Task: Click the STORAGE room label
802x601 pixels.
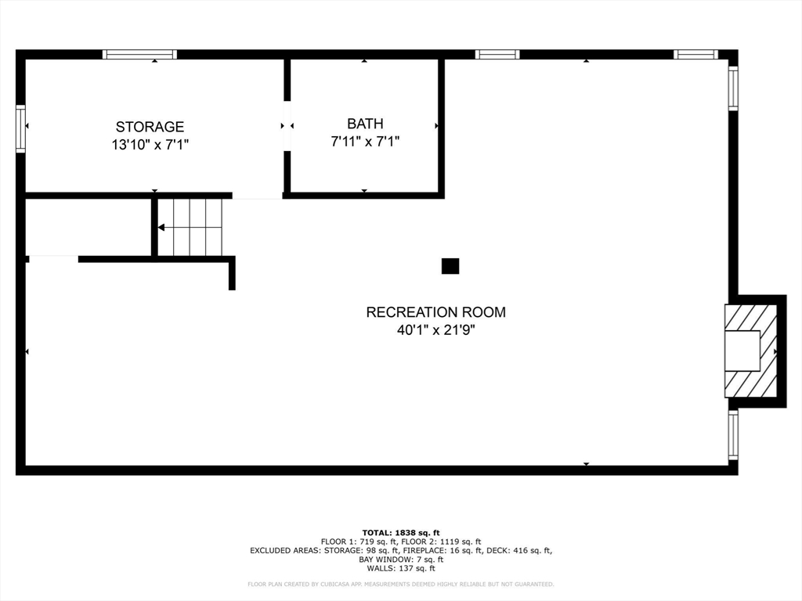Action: (x=150, y=127)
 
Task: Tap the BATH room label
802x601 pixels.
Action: (x=365, y=124)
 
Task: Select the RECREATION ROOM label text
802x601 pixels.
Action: (x=435, y=312)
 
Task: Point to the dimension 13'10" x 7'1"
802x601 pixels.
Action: (x=150, y=145)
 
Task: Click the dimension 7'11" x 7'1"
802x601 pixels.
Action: (x=365, y=142)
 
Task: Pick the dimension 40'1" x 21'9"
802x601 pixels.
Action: (x=435, y=330)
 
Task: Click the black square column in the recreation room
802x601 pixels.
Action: (x=450, y=266)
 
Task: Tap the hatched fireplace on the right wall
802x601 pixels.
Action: (x=752, y=351)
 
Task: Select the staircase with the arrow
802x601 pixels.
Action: (x=190, y=227)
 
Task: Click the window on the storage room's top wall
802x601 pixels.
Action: (x=140, y=55)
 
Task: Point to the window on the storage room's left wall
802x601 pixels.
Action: (x=20, y=128)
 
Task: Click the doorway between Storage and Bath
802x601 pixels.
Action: (x=287, y=125)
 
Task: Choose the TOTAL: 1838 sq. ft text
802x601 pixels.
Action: (x=401, y=532)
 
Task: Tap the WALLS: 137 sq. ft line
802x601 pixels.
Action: (x=401, y=569)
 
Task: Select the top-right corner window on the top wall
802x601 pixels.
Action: (x=695, y=55)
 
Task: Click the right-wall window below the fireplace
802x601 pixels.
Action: (x=733, y=435)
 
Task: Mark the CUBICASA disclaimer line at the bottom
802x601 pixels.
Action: (x=401, y=584)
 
